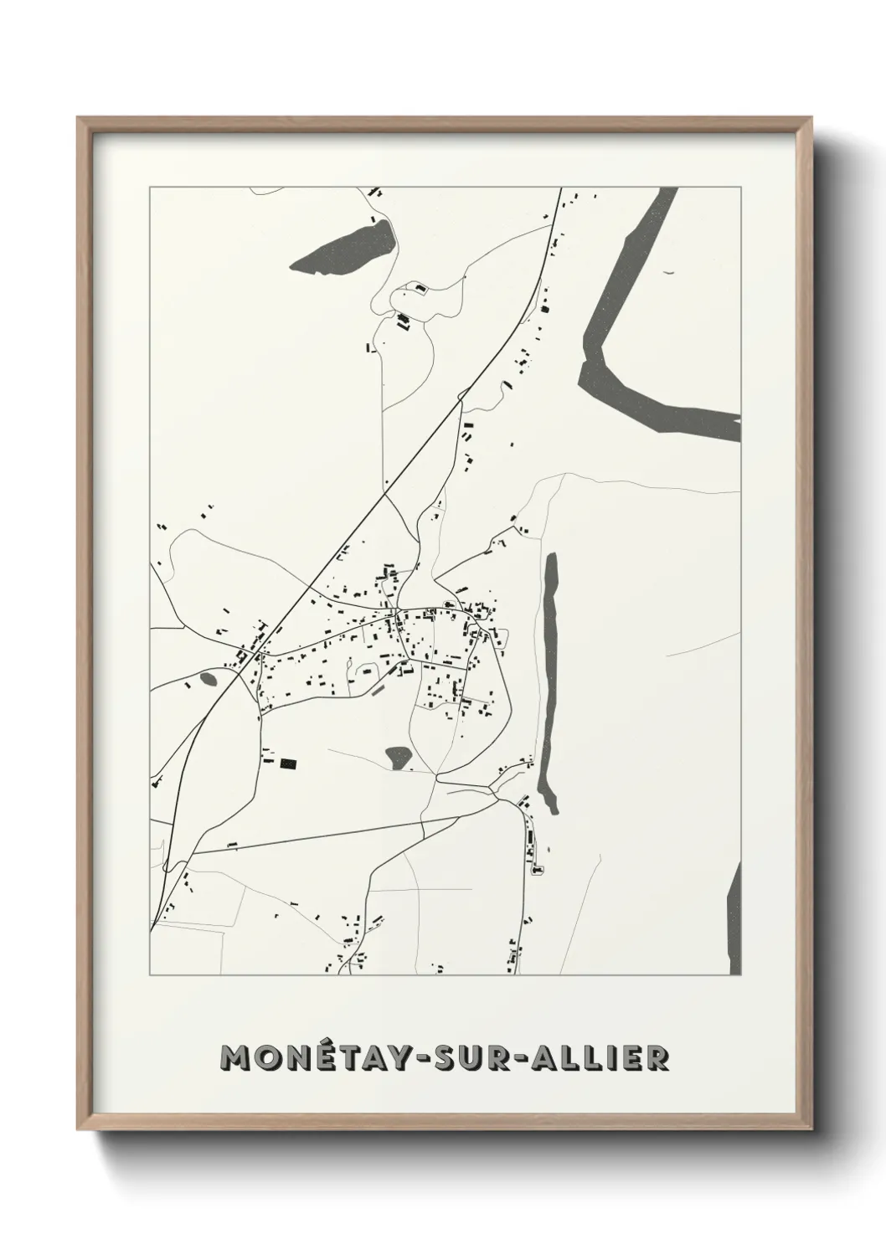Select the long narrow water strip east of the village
pyautogui.click(x=550, y=678)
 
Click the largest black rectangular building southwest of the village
pyautogui.click(x=288, y=763)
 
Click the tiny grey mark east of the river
pyautogui.click(x=667, y=272)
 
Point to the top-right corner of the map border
pyautogui.click(x=740, y=187)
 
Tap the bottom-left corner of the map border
pyautogui.click(x=150, y=975)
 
